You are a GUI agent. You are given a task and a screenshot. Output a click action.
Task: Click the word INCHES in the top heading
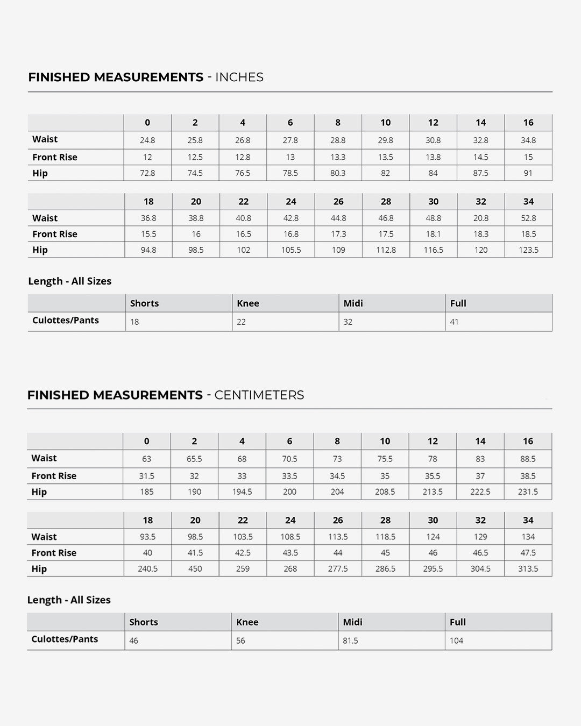(x=239, y=77)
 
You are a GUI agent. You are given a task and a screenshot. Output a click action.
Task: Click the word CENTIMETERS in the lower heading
(x=259, y=395)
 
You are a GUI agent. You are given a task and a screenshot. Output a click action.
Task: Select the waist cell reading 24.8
(x=147, y=140)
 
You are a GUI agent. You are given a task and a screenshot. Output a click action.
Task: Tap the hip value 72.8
(x=147, y=173)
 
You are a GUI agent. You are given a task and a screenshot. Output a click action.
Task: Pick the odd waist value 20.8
(x=481, y=218)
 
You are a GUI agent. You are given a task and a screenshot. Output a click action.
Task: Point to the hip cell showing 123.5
(x=528, y=250)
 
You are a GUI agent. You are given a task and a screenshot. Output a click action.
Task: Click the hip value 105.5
(x=291, y=250)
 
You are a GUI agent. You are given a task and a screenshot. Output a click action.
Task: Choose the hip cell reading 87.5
(x=481, y=173)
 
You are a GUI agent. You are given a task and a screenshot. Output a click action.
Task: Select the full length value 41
(x=455, y=322)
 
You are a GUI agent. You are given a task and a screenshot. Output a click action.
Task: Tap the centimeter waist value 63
(x=146, y=459)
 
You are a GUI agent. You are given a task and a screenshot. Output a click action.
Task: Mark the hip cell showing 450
(x=195, y=569)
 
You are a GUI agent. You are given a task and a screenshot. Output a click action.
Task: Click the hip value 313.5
(x=528, y=569)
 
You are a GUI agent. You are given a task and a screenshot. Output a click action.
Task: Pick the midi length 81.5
(x=350, y=641)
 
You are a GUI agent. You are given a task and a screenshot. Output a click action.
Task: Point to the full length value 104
(x=456, y=641)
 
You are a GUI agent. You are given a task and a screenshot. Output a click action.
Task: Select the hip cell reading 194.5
(x=242, y=492)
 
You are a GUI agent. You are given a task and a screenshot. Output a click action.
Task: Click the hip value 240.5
(x=148, y=569)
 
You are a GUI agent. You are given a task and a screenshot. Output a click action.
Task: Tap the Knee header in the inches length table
(x=248, y=303)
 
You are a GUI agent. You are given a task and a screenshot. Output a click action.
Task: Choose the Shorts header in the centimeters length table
(x=144, y=622)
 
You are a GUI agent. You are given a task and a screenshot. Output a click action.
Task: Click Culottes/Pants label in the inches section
(x=66, y=321)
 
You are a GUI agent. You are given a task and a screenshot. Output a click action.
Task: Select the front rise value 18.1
(x=434, y=234)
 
